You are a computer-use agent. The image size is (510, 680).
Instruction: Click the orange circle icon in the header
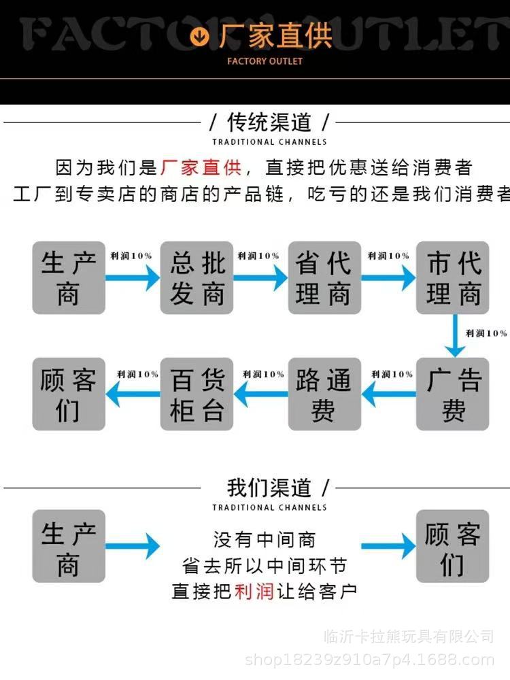point(201,35)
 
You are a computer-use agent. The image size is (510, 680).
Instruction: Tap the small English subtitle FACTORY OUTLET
point(265,61)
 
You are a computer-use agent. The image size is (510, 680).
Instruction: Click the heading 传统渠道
point(269,123)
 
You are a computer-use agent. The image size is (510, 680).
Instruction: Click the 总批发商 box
point(197,277)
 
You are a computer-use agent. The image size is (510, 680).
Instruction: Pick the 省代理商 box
point(324,277)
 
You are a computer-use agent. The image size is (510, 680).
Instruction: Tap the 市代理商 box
point(453,277)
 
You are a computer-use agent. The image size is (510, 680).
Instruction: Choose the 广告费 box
point(453,394)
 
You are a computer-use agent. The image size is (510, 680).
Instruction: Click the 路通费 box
point(324,394)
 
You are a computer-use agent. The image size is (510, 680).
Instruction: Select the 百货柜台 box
point(197,394)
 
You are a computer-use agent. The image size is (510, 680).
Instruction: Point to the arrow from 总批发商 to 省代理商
point(261,277)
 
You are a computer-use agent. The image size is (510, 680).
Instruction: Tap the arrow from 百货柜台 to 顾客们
point(133,394)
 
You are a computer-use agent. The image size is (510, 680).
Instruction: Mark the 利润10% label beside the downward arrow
point(486,333)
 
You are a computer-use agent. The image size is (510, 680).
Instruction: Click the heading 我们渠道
point(269,488)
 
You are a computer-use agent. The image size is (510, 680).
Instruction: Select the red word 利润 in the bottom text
point(254,591)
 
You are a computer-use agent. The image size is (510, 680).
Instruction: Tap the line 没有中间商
point(265,540)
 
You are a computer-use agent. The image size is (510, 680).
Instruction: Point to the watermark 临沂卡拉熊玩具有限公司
point(409,637)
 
